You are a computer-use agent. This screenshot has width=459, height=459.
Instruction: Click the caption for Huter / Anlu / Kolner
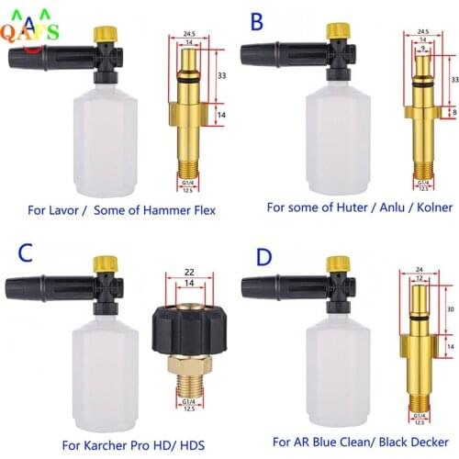pos(359,208)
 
